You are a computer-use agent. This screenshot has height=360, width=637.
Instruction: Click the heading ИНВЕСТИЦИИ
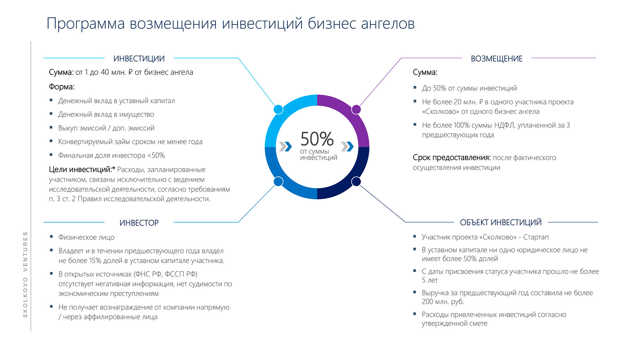[139, 59]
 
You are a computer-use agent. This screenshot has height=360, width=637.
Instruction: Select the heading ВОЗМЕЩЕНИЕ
[497, 59]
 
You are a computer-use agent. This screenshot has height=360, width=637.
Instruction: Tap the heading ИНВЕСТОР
[139, 223]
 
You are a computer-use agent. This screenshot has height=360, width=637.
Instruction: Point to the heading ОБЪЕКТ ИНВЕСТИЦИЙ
[501, 223]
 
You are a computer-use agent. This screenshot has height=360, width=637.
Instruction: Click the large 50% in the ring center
[317, 139]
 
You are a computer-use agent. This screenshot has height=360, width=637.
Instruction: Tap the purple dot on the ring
[356, 109]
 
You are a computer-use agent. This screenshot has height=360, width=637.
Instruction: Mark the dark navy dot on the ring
[356, 181]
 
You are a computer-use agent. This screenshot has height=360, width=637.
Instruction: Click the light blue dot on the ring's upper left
[278, 109]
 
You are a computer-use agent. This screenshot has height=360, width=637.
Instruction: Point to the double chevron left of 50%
[285, 146]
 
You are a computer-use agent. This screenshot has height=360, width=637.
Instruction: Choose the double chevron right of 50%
[347, 146]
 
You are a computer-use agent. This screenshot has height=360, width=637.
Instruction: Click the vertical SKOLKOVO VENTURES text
[25, 274]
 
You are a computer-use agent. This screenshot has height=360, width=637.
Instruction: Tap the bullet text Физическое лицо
[87, 237]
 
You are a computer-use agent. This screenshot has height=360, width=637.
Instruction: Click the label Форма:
[62, 87]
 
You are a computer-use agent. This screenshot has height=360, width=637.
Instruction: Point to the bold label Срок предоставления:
[452, 158]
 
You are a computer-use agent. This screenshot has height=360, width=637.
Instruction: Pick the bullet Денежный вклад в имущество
[106, 114]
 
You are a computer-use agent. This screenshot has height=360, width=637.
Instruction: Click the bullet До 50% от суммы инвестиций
[469, 88]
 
